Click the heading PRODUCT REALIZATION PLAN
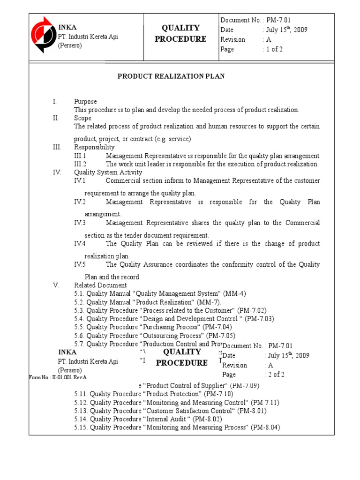click(171, 76)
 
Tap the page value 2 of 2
click(277, 375)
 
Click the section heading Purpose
click(85, 101)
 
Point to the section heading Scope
click(82, 118)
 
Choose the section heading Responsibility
click(94, 147)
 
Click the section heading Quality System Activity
click(101, 172)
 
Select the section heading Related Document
click(100, 285)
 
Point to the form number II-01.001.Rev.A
click(58, 377)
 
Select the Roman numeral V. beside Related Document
click(55, 285)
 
